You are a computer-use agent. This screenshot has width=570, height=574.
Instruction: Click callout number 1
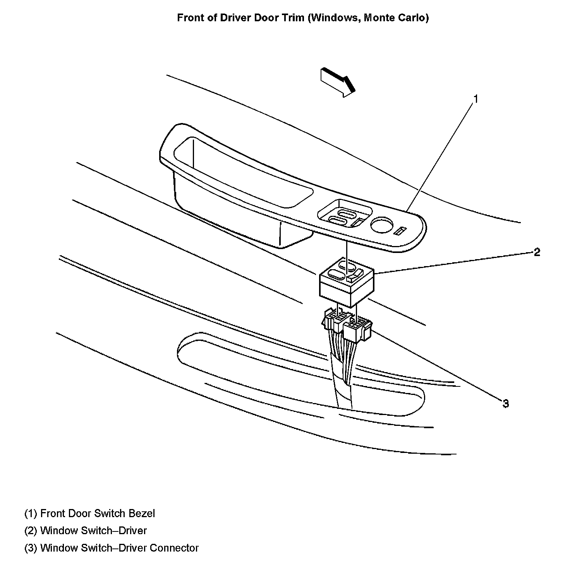[x=476, y=99]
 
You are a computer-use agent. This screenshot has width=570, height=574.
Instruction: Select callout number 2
[x=537, y=253]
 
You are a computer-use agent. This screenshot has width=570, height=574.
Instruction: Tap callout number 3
[x=506, y=404]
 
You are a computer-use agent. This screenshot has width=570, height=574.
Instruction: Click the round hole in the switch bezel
[x=382, y=224]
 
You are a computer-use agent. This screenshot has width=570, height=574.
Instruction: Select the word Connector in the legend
[x=174, y=548]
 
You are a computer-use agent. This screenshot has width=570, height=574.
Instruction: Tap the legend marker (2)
[x=31, y=531]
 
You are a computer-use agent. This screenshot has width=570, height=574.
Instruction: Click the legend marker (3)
[x=31, y=548]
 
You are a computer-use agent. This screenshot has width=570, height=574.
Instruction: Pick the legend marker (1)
[x=31, y=513]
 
